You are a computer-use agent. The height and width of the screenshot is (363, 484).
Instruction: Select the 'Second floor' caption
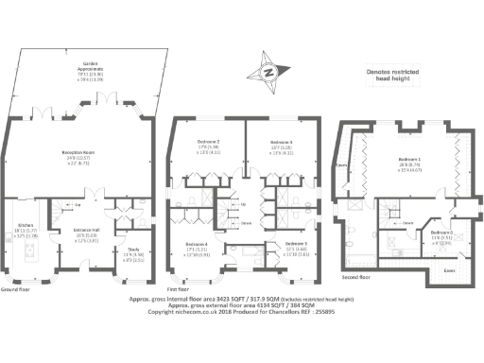tap(356, 279)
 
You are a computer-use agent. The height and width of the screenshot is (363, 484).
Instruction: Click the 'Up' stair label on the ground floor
tap(77, 202)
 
